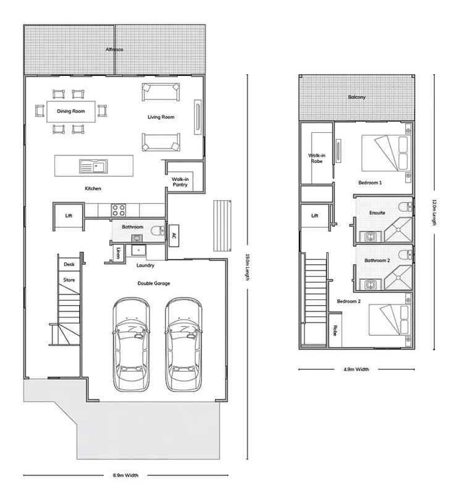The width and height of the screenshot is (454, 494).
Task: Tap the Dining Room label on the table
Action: tap(70, 112)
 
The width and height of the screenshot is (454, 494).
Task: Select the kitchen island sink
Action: tap(93, 166)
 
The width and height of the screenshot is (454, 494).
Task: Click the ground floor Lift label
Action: tap(69, 216)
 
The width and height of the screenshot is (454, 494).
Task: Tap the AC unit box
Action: tap(174, 235)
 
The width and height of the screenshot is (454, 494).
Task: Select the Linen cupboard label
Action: tap(118, 253)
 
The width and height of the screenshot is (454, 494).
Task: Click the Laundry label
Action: tap(145, 266)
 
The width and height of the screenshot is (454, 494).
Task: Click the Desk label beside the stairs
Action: tap(69, 264)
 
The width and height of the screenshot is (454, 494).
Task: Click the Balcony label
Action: tap(356, 97)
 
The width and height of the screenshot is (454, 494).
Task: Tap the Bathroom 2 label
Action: tap(377, 261)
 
